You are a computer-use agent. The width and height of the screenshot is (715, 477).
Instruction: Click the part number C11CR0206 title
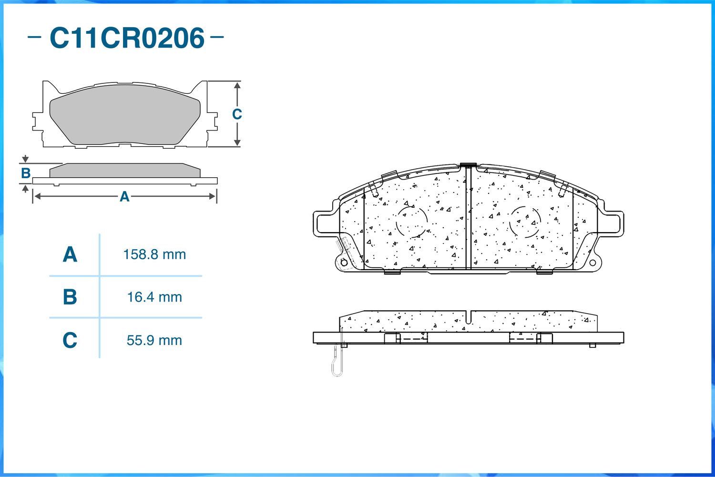tap(127, 38)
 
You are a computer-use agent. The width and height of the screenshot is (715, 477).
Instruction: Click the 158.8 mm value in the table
tap(154, 254)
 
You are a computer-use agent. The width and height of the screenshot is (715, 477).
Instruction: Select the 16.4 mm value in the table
tap(154, 297)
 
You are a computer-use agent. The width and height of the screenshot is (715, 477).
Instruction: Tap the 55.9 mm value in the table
tap(154, 340)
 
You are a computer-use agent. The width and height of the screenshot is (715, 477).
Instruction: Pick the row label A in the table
tap(70, 254)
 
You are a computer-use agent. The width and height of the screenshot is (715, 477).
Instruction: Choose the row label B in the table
tap(70, 297)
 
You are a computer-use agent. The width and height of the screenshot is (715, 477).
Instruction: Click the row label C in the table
tap(70, 340)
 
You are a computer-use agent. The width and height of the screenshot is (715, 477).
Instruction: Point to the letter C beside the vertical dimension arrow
tap(237, 114)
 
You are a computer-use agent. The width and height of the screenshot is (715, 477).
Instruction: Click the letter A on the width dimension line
tap(124, 196)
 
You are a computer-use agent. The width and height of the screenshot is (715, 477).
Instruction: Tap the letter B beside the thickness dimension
tap(26, 173)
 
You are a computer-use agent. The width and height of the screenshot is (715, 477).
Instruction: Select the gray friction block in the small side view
tap(125, 171)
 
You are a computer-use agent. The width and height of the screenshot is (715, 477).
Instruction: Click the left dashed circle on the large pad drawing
tap(411, 222)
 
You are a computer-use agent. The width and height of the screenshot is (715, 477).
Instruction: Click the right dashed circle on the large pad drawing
tap(525, 222)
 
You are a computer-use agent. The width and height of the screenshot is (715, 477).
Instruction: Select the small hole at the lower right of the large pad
tap(592, 263)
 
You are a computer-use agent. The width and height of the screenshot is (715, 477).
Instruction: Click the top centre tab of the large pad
tap(468, 165)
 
